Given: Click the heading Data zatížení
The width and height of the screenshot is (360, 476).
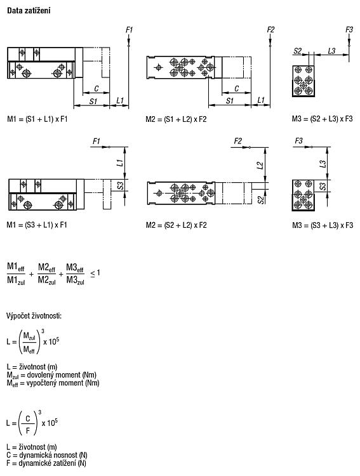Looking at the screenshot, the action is pyautogui.click(x=29, y=11).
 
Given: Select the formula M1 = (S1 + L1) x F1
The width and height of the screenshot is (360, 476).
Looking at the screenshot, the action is pyautogui.click(x=37, y=119).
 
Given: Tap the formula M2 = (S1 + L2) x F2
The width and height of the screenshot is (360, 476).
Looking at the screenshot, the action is pyautogui.click(x=176, y=119).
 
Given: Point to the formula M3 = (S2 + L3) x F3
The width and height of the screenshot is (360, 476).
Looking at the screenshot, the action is pyautogui.click(x=323, y=119).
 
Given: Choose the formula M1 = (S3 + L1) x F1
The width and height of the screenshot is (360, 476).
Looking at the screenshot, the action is pyautogui.click(x=37, y=225).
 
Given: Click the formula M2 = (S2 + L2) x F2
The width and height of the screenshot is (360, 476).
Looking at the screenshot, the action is pyautogui.click(x=177, y=225).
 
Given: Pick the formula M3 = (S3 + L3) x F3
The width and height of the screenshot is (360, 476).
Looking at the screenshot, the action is pyautogui.click(x=323, y=225).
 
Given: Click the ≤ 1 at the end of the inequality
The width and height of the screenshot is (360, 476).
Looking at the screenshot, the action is pyautogui.click(x=95, y=273).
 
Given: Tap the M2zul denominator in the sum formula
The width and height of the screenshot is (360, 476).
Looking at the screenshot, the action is pyautogui.click(x=47, y=280).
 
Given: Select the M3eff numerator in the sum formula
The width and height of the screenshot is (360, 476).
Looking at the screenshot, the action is pyautogui.click(x=75, y=267).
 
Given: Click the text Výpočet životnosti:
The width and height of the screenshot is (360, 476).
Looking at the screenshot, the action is pyautogui.click(x=34, y=316).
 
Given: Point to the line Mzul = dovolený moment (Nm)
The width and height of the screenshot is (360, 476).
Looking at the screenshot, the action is pyautogui.click(x=51, y=375).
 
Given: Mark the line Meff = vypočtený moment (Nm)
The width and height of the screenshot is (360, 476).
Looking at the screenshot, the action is pyautogui.click(x=53, y=383).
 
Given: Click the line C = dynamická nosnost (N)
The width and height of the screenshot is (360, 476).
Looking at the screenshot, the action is pyautogui.click(x=47, y=455).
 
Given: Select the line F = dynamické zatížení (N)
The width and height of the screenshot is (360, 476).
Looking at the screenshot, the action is pyautogui.click(x=46, y=463).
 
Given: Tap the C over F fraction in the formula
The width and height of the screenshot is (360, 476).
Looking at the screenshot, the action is pyautogui.click(x=28, y=425).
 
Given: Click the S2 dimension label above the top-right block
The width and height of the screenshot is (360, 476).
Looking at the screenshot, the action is pyautogui.click(x=297, y=51).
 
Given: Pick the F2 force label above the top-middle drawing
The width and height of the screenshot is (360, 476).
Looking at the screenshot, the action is pyautogui.click(x=270, y=30).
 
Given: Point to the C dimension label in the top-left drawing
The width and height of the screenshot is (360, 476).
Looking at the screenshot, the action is pyautogui.click(x=97, y=89).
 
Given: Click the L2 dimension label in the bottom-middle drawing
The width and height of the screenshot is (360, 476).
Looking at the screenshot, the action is pyautogui.click(x=260, y=166).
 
